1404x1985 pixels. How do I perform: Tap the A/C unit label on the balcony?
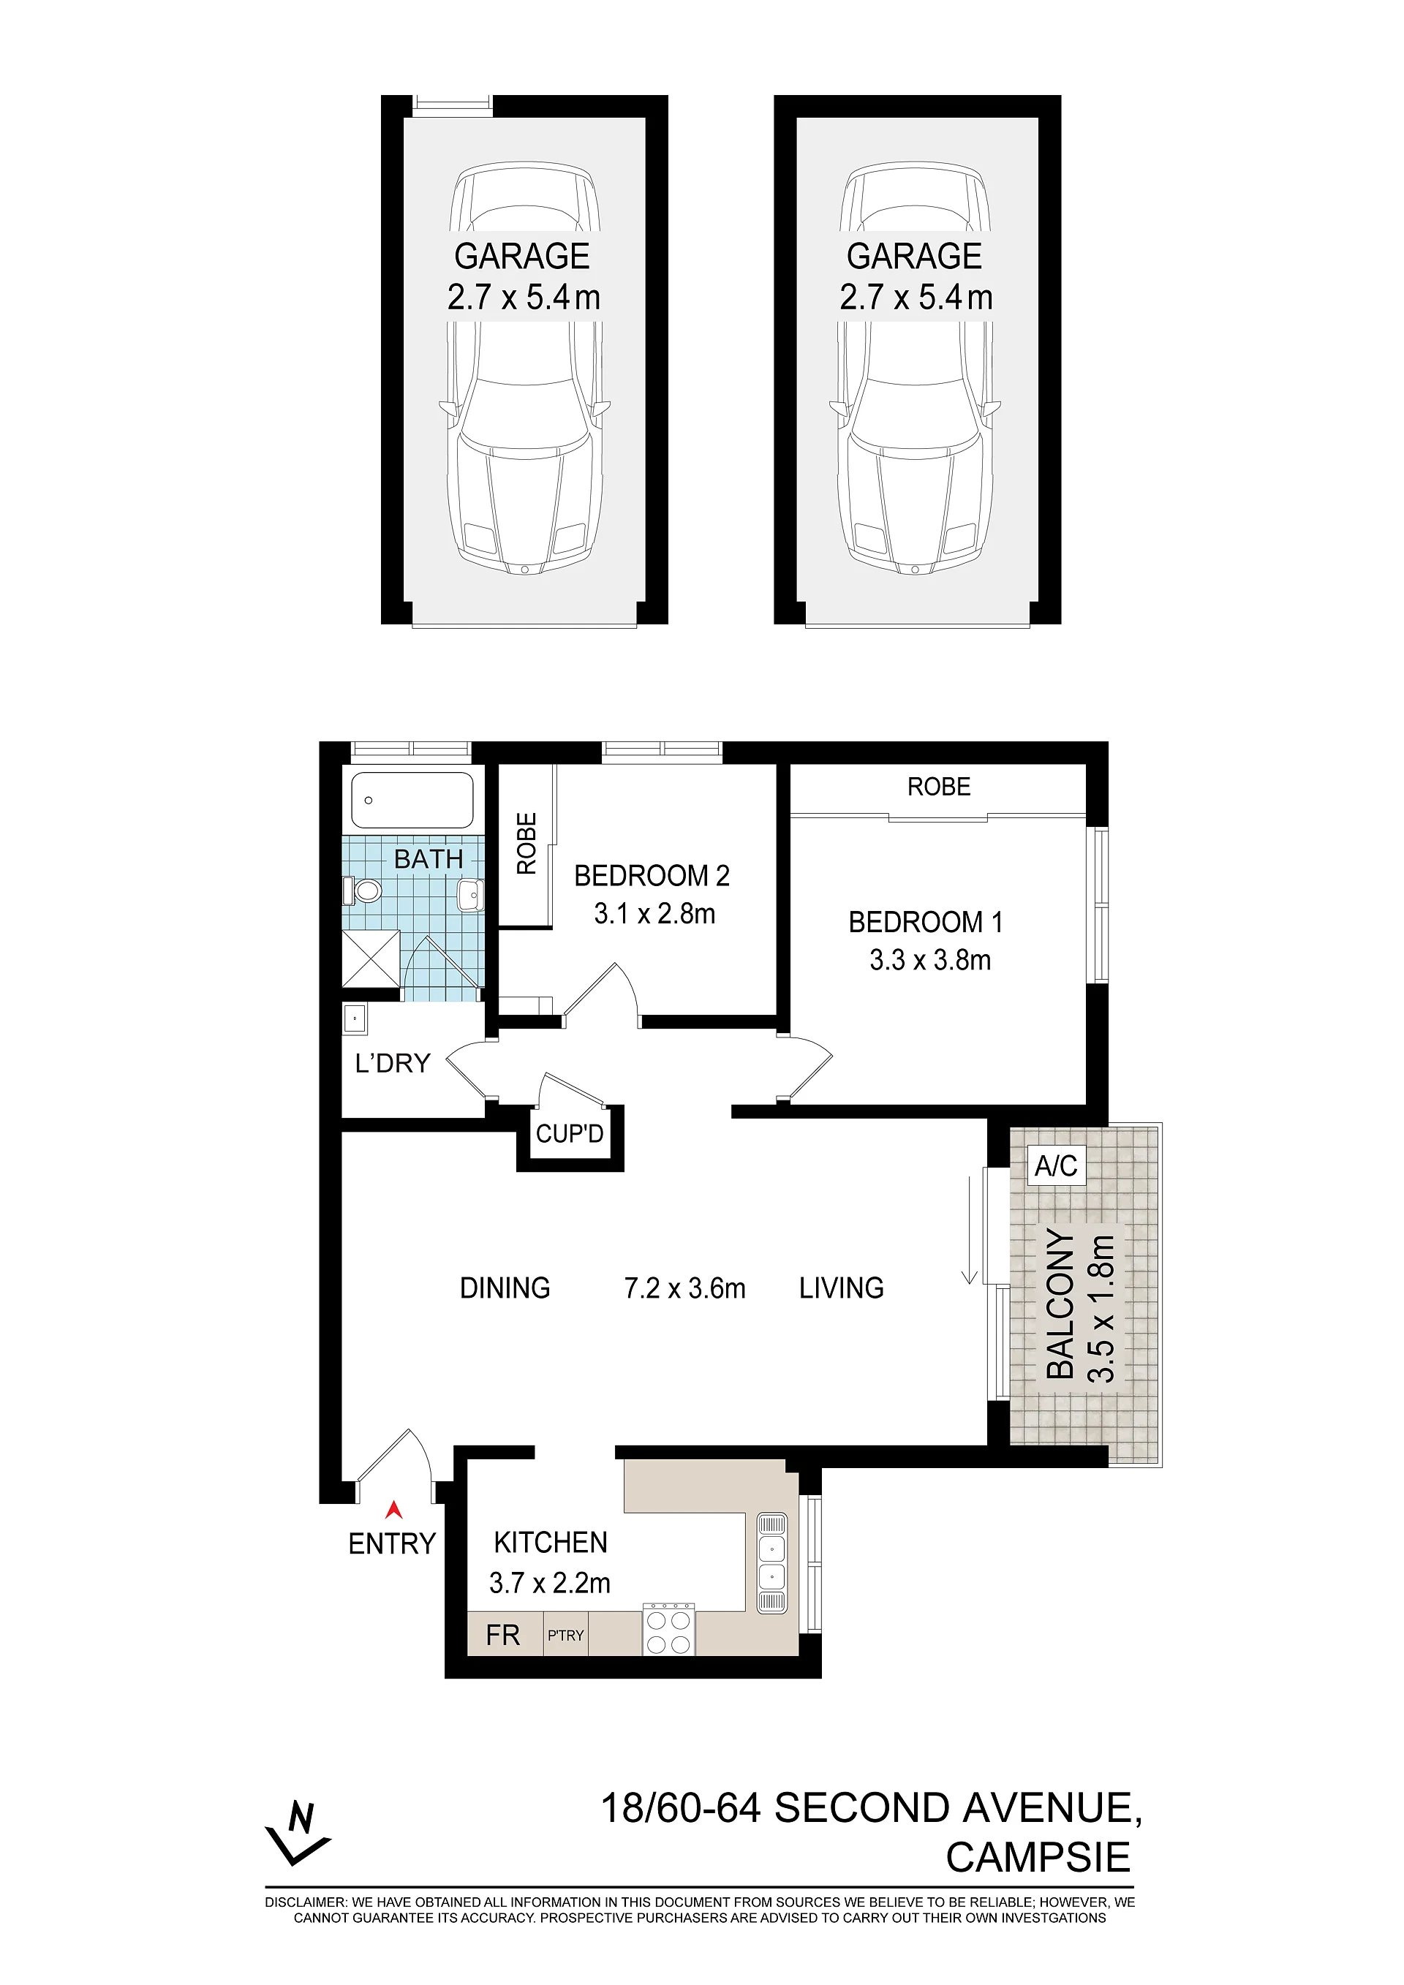point(1056,1166)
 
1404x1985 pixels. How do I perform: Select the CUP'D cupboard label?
point(570,1133)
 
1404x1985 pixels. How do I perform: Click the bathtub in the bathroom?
point(412,800)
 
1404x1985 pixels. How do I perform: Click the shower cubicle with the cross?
point(371,959)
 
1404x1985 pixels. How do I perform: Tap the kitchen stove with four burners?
point(668,1630)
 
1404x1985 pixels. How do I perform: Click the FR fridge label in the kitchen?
point(503,1636)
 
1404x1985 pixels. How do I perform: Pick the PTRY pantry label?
point(565,1636)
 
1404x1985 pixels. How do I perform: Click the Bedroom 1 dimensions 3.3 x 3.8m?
point(930,961)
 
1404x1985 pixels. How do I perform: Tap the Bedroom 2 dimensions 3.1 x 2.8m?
point(654,914)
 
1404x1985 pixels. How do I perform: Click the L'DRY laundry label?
point(393,1062)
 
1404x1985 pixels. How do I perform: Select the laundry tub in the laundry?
point(355,1018)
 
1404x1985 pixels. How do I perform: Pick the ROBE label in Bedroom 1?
point(939,787)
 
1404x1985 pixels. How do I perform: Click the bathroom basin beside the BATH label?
point(471,895)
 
